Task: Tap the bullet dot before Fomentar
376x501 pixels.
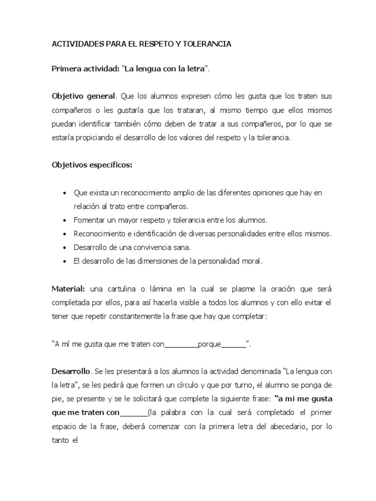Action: [x=65, y=220]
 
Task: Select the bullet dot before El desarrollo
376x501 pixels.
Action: [x=65, y=261]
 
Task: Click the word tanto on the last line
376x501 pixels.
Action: [x=61, y=439]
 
